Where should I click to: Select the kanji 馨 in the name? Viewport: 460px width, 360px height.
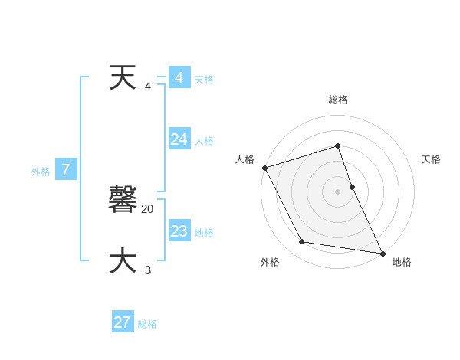[123, 200]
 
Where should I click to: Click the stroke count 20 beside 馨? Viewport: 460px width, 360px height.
[148, 208]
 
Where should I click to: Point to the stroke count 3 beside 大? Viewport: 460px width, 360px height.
[148, 270]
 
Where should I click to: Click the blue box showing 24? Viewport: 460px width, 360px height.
[179, 139]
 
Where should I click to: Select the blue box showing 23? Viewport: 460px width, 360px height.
[179, 231]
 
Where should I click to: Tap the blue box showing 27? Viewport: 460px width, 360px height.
[123, 322]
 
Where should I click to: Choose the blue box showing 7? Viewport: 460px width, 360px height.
[66, 170]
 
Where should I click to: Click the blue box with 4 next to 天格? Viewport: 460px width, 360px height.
[179, 78]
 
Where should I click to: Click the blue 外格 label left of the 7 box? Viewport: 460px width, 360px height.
[41, 172]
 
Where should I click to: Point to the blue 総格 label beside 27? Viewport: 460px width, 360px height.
[147, 324]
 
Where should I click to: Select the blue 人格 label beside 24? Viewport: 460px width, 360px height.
[204, 141]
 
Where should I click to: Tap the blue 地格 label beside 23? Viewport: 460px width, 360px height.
[204, 233]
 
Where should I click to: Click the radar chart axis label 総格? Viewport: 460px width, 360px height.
[338, 100]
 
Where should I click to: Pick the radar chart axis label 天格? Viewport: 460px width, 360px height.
[432, 159]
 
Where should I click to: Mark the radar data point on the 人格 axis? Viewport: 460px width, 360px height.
[264, 168]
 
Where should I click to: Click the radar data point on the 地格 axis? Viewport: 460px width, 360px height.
[382, 253]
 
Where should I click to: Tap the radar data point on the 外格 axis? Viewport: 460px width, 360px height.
[302, 242]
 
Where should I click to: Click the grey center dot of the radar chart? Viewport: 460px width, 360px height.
[338, 191]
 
